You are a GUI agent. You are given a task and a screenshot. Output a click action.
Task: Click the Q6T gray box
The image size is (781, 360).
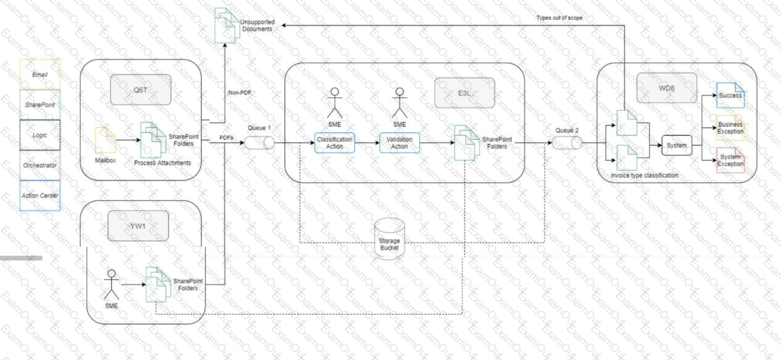pos(140,90)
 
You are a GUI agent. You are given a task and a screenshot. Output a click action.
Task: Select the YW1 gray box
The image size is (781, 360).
pos(138,226)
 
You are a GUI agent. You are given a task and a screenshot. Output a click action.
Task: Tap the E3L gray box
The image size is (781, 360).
pos(465,93)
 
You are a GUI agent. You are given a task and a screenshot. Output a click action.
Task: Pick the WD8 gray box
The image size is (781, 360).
pos(667,88)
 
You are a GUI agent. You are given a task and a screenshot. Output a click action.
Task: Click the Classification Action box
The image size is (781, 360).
pos(334,143)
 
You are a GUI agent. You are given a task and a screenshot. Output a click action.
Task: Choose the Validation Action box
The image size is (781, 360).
pos(399,143)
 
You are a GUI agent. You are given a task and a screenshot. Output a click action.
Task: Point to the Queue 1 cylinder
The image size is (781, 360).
pos(260,143)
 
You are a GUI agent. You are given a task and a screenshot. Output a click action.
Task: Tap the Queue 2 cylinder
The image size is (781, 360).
pos(567,143)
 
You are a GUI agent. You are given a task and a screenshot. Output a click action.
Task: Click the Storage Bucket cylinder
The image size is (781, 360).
pos(390,239)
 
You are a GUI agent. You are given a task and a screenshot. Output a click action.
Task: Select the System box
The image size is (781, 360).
pos(677,145)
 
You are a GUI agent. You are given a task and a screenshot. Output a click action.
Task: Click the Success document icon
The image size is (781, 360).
pos(730,95)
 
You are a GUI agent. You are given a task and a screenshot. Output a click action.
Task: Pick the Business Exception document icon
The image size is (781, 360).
pos(730,128)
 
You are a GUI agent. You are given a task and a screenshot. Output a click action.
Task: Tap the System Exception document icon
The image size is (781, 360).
pos(730,160)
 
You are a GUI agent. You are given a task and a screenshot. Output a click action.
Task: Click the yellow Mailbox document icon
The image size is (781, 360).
pos(105,140)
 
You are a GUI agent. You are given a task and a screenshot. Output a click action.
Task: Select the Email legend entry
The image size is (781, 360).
pos(40,74)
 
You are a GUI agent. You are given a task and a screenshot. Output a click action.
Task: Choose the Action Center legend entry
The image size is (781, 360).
pos(40,196)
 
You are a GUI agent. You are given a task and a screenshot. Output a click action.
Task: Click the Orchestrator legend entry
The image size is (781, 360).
pos(40,165)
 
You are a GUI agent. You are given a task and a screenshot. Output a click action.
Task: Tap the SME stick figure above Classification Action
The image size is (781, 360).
pos(334,103)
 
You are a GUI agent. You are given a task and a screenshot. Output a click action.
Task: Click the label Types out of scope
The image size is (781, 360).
pos(559,18)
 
